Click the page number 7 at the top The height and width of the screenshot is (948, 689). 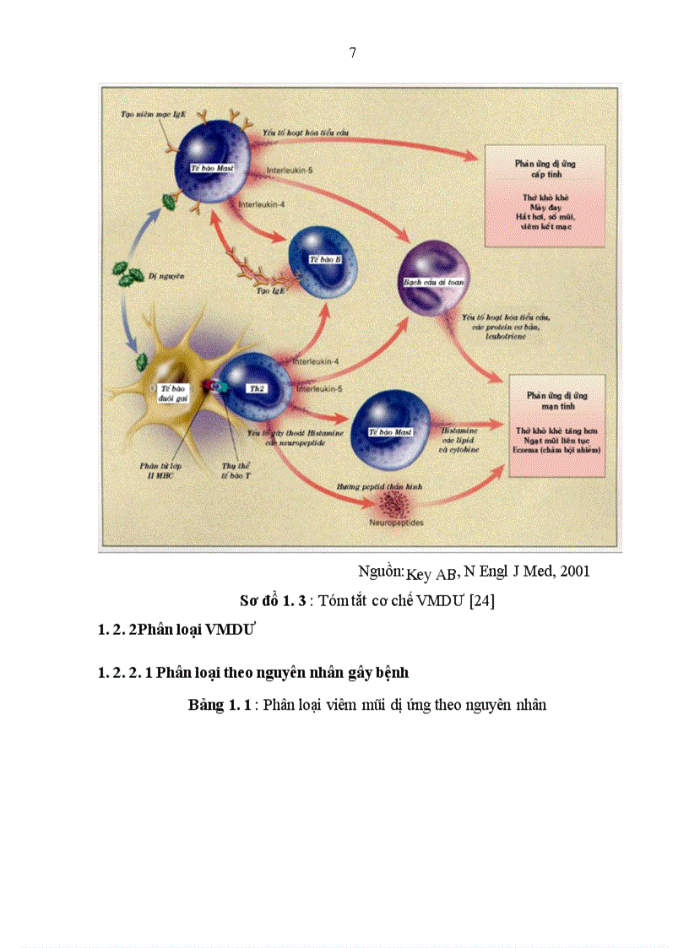[x=352, y=53]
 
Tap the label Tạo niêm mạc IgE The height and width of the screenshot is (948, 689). [x=149, y=113]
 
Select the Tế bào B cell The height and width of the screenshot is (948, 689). [x=323, y=257]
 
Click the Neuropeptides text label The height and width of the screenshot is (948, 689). [x=395, y=523]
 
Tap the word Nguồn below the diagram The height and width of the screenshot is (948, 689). [x=381, y=572]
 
